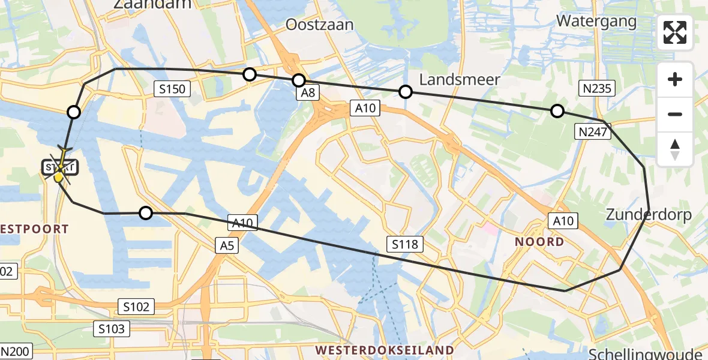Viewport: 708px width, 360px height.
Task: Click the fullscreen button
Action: click(x=675, y=32)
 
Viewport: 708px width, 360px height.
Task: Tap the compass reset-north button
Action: click(x=675, y=149)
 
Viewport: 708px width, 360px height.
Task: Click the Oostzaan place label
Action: click(x=320, y=25)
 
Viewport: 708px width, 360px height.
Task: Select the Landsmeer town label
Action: click(x=460, y=80)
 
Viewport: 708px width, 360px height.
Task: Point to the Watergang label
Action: click(x=596, y=21)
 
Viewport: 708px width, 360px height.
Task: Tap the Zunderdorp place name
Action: click(x=649, y=214)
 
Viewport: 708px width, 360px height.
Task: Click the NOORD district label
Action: click(x=539, y=242)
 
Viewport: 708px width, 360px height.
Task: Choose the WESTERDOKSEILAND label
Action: click(x=385, y=349)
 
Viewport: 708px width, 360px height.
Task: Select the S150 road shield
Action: click(x=172, y=89)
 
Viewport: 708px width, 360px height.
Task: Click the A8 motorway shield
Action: click(x=308, y=92)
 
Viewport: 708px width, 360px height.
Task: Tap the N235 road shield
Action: click(x=596, y=89)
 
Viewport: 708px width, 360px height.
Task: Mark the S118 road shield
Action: click(x=406, y=243)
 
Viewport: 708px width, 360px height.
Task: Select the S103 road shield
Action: click(x=111, y=328)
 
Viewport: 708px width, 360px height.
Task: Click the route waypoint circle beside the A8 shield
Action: click(x=298, y=80)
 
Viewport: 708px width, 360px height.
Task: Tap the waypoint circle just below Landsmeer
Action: click(x=406, y=92)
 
